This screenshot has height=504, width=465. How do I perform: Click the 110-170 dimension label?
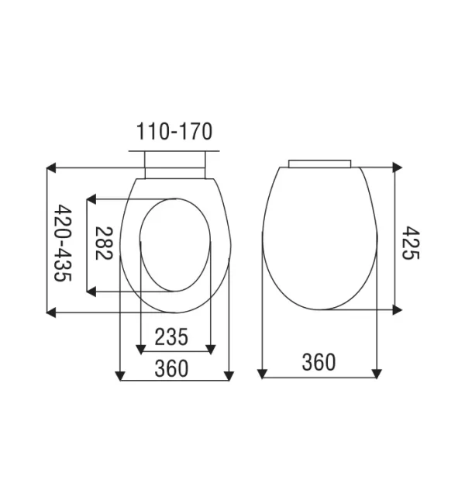tap(174, 131)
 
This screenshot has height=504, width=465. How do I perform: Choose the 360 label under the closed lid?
tap(319, 361)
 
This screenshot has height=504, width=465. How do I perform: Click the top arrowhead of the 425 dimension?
tap(397, 167)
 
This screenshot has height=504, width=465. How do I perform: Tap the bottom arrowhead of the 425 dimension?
tap(397, 309)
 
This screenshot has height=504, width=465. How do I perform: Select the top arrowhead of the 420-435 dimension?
tap(52, 167)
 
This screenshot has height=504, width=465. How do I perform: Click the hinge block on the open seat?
tap(174, 165)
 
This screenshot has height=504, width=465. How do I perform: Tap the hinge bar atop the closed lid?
tap(320, 164)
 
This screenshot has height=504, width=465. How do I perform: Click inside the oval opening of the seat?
tap(175, 244)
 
